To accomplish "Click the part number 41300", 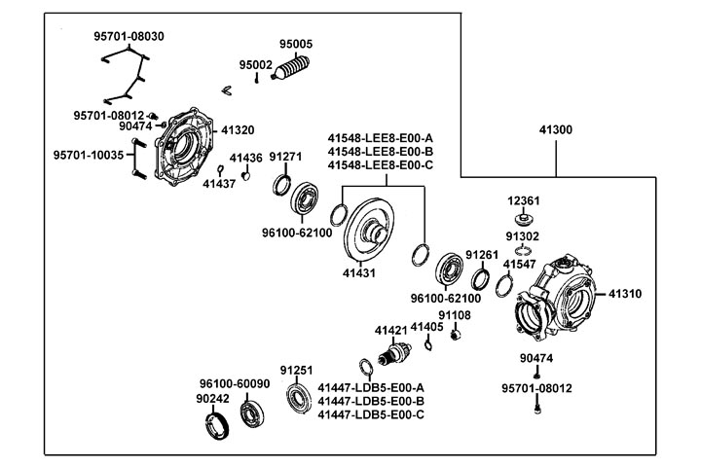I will (555, 129).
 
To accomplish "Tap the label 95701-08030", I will (129, 36).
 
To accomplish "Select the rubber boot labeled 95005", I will (290, 71).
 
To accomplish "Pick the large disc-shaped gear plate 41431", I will (374, 231).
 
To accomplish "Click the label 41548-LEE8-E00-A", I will (380, 138).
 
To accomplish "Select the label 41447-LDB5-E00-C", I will (370, 414).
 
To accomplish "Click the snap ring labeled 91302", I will (523, 252).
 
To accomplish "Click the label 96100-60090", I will (235, 383).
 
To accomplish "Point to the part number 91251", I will (297, 371).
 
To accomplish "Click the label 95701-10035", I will (89, 155).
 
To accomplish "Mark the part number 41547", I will (519, 264).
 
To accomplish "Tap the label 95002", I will (256, 65).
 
